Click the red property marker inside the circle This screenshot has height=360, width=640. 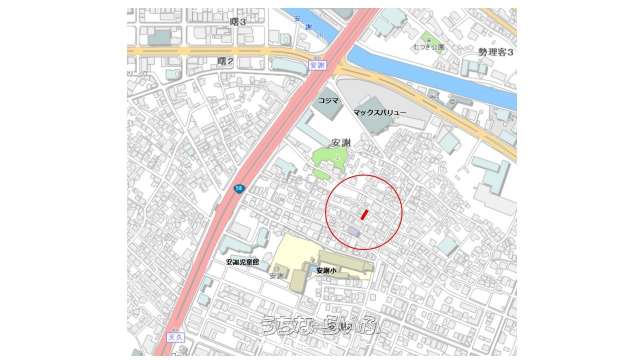[365, 214]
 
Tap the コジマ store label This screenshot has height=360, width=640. [328, 102]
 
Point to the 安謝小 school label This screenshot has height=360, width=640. [327, 270]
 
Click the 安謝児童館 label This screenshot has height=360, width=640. [242, 262]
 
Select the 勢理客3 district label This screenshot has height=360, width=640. [495, 51]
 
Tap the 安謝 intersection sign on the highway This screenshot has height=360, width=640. [319, 65]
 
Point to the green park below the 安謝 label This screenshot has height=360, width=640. [326, 161]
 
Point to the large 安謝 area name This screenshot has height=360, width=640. [340, 142]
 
